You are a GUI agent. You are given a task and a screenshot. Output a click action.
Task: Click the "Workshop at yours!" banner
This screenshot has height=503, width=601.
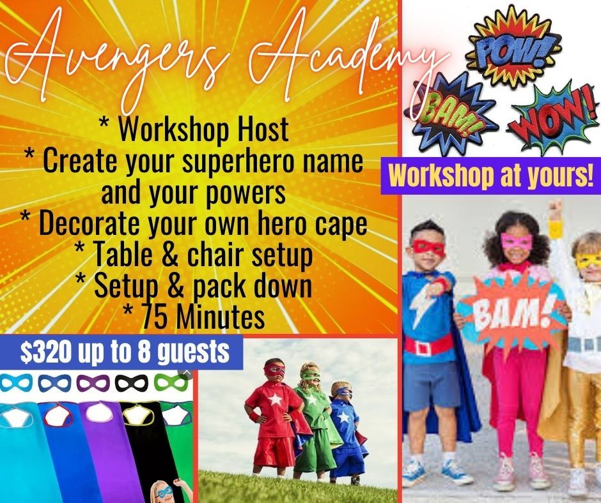point(491,176)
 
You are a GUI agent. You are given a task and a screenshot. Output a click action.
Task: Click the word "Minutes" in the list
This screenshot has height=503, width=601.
point(222,317)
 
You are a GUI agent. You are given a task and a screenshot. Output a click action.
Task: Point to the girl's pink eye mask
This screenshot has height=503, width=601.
point(517,242)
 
